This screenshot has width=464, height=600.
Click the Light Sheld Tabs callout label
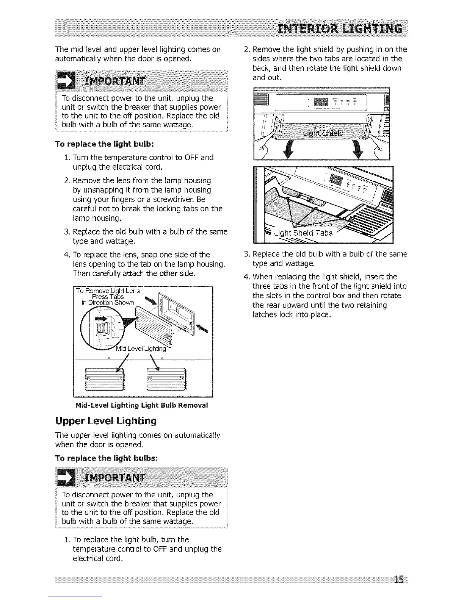(303, 233)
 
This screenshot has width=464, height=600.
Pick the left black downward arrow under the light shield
(285, 150)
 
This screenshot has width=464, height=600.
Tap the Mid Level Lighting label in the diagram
(141, 348)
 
